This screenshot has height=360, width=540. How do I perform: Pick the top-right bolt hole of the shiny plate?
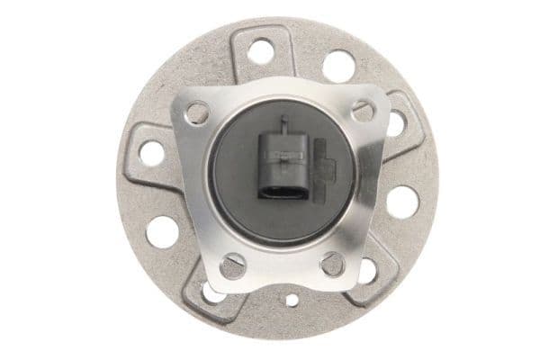(x=363, y=111)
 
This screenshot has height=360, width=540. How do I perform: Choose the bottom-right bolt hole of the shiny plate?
(x=332, y=264)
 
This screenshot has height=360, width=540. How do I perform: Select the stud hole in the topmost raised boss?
(x=261, y=51)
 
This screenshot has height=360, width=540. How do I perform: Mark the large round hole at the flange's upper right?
(x=338, y=66)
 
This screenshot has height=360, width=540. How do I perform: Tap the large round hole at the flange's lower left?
(x=162, y=231)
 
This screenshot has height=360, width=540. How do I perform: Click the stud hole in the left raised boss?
(x=152, y=152)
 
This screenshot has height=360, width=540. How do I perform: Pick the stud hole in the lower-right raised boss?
(x=366, y=270)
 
